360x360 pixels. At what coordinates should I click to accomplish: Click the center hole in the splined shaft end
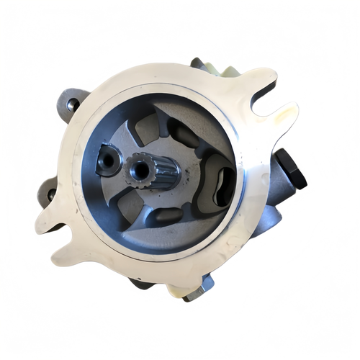click(138, 171)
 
